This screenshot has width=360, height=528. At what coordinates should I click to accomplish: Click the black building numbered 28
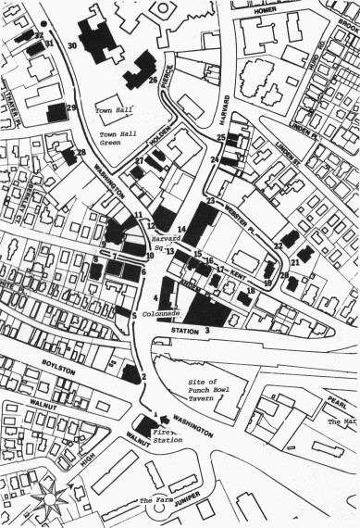(68, 157)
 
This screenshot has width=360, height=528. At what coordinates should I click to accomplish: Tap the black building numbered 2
(130, 374)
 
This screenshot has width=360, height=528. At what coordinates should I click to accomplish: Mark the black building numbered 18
(243, 298)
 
